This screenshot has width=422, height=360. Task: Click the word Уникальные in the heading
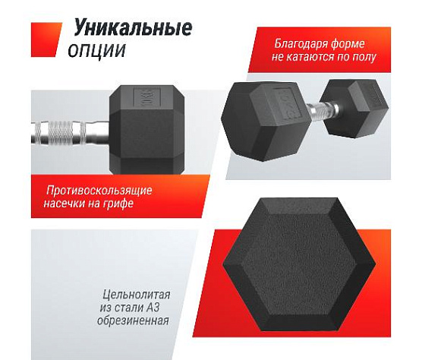click(x=133, y=27)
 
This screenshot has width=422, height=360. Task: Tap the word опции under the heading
click(x=97, y=50)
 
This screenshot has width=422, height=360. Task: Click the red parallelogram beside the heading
click(x=46, y=39)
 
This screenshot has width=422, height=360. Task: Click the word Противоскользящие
click(x=99, y=191)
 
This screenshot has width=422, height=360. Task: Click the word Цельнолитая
click(x=136, y=295)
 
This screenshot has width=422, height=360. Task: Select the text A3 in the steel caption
click(x=153, y=308)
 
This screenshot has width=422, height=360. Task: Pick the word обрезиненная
click(x=133, y=321)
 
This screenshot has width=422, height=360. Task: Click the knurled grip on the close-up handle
click(x=61, y=132)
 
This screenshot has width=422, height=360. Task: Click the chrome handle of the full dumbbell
click(x=323, y=110)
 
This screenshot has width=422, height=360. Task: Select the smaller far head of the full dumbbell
click(x=355, y=109)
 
